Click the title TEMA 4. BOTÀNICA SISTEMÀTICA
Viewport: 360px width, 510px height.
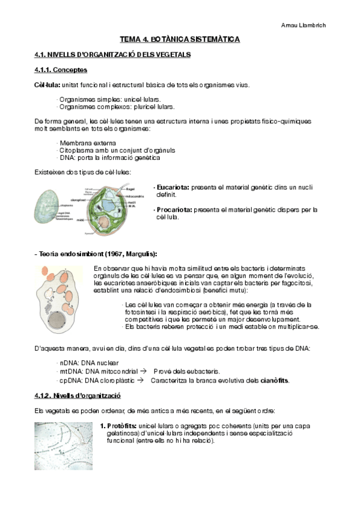(x=180, y=39)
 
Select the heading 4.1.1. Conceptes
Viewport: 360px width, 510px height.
(x=61, y=70)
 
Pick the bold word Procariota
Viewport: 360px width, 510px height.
(x=174, y=209)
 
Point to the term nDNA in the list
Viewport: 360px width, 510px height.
(x=67, y=363)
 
